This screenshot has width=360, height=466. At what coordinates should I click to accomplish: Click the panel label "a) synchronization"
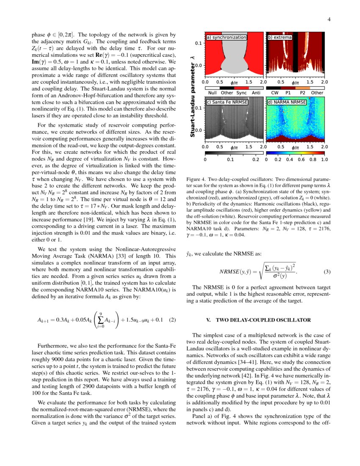click(226, 37)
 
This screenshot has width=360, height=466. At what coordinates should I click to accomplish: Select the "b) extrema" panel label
click(280, 37)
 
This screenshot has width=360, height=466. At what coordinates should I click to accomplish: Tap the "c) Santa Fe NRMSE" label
click(227, 102)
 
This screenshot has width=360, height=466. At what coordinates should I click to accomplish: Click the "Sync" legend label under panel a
click(241, 92)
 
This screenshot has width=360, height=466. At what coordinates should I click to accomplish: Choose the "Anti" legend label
click(256, 92)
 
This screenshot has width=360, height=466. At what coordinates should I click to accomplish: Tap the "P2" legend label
click(302, 92)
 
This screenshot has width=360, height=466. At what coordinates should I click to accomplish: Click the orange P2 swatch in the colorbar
click(302, 87)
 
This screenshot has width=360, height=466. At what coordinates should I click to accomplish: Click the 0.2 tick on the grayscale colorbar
click(255, 160)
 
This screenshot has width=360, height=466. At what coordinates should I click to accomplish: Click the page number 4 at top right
click(328, 19)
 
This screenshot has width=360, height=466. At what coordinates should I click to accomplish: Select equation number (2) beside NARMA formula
click(172, 320)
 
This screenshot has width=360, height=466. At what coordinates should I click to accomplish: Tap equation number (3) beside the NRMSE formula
click(327, 271)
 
